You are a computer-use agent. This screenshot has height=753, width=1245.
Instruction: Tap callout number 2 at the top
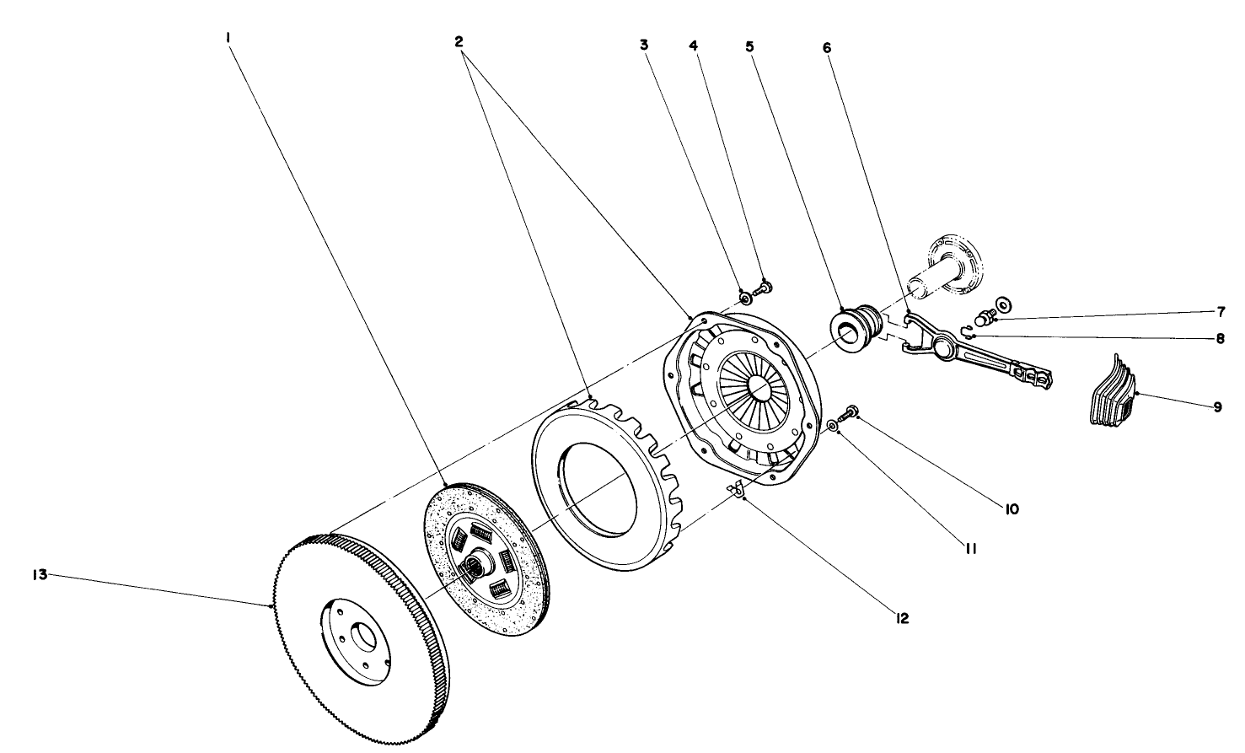point(460,40)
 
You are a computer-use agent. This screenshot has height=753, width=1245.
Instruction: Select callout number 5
point(749,47)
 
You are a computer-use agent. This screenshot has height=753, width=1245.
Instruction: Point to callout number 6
point(826,47)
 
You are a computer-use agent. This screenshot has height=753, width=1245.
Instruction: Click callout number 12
point(902,619)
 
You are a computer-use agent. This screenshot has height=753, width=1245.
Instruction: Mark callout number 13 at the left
point(39,575)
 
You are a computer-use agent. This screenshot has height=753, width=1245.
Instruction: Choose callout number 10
point(1011,508)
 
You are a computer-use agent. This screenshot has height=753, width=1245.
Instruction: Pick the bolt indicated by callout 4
point(765,288)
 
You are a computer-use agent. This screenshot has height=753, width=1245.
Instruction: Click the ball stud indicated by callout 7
point(983,318)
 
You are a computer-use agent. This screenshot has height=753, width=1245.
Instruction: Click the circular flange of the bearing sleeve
point(954,265)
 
